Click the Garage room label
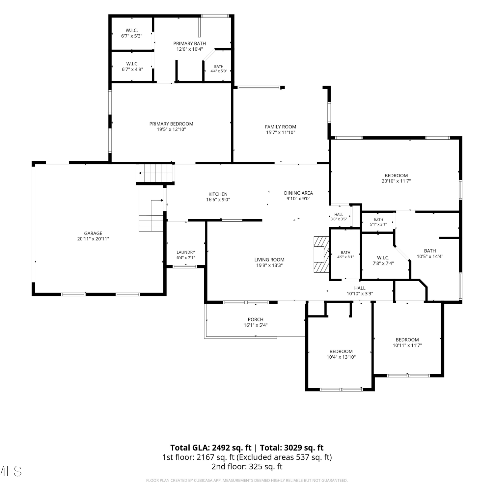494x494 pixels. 93,233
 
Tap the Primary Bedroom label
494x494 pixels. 171,124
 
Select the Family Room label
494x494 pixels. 281,127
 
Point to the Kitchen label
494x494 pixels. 218,194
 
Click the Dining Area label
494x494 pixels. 298,193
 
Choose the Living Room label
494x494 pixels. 269,260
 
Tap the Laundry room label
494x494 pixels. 186,252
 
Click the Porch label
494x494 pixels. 256,319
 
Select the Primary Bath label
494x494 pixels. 190,43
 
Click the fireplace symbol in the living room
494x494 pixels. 321,254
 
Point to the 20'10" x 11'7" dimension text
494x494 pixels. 396,181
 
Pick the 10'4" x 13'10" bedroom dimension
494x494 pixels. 341,357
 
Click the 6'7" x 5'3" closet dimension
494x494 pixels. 132,36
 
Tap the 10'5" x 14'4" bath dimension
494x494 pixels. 430,256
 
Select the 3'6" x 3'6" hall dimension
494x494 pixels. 339,219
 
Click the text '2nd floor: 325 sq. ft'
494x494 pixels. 247,466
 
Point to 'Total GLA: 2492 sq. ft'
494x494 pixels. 211,448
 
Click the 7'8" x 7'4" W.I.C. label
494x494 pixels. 383,263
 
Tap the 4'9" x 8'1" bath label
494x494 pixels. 346,257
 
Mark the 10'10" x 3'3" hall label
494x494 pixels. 360,294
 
